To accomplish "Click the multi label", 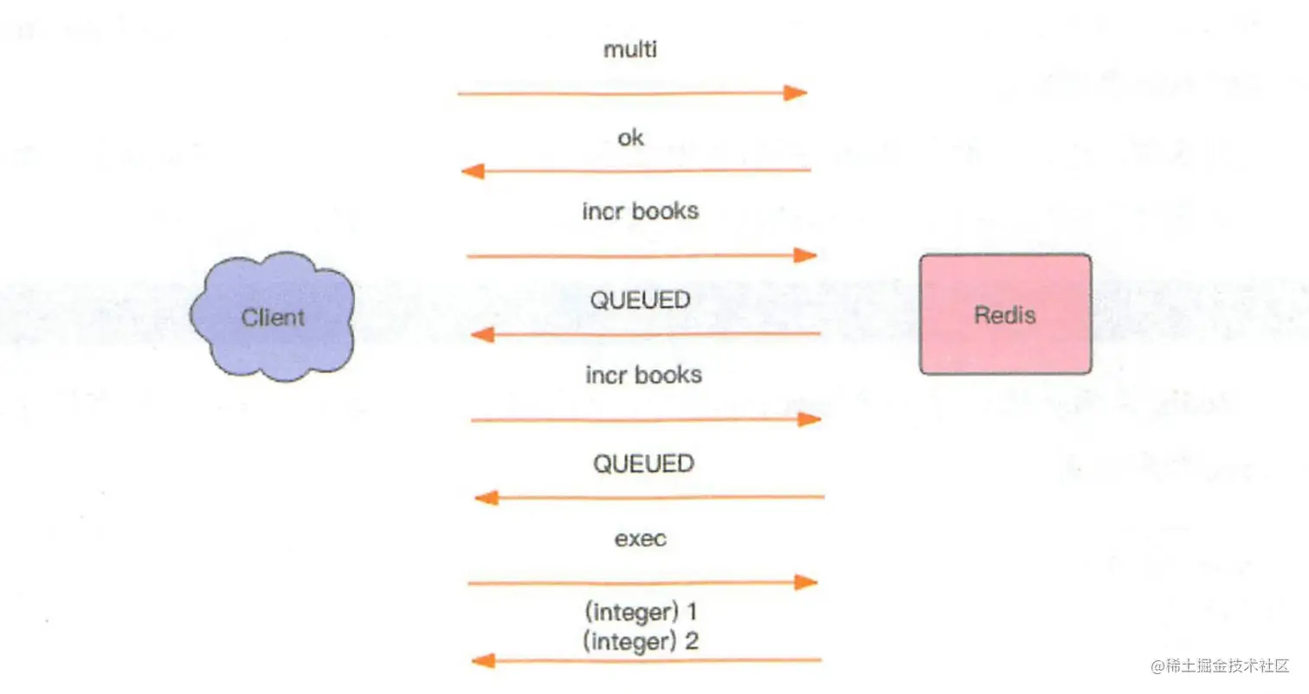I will [630, 49].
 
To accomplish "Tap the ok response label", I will [631, 138].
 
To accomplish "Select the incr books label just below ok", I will [641, 211].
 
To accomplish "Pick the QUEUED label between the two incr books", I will [641, 300].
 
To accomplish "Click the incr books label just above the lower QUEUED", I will [643, 375].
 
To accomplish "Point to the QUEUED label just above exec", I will [643, 464].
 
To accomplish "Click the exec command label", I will [641, 538].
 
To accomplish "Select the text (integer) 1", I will [642, 613].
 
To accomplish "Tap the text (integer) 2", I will [642, 641].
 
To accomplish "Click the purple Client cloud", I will [273, 316].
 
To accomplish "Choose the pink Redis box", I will [1005, 314].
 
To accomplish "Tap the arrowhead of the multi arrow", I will [796, 93].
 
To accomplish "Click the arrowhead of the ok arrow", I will [473, 171].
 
